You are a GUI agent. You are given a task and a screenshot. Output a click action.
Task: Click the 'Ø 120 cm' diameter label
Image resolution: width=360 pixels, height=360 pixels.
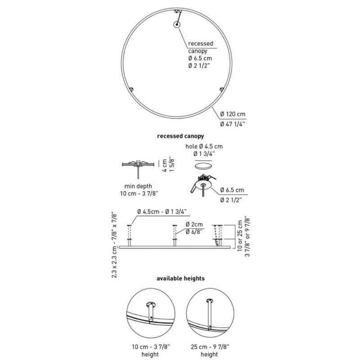[233, 114]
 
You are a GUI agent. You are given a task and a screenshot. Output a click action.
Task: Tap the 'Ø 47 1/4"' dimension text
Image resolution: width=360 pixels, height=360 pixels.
[232, 124]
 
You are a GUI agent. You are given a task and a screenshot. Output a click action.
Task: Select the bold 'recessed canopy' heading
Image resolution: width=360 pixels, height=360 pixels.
[180, 136]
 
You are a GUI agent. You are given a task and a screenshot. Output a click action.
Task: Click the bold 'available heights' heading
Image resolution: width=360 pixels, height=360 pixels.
[180, 279]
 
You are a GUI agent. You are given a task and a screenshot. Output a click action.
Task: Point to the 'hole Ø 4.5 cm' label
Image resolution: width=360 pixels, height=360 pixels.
[204, 146]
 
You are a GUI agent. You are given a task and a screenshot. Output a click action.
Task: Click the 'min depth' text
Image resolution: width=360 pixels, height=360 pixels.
[138, 186]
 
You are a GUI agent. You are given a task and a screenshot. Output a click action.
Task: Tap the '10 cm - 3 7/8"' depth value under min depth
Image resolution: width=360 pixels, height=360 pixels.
[139, 193]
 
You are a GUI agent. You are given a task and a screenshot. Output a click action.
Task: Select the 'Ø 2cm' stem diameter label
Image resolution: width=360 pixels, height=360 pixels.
[194, 224]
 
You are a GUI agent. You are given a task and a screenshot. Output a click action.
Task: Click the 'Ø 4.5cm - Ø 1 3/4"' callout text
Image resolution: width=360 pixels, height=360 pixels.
[162, 211]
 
